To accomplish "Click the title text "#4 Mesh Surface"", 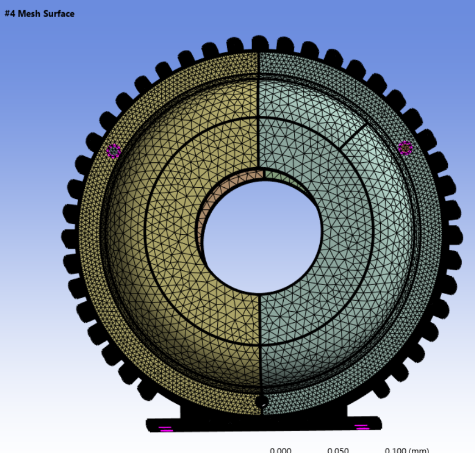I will coord(39,13).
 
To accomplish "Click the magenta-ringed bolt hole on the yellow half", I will coord(114,151).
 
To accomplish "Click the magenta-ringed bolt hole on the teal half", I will coord(405,148).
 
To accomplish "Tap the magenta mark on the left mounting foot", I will coord(166,428).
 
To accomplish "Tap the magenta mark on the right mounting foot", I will coord(361,427).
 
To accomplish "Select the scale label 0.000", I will coord(280,449).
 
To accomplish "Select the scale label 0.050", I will coord(338,449).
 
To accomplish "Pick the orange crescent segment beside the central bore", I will coord(208,205).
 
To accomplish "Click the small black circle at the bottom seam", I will coord(262,401).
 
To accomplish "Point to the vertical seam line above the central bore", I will coord(259,111).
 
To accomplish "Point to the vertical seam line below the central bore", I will coord(261,343).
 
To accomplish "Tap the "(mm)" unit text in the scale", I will coord(418,449).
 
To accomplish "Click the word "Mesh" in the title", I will coord(29,13).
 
